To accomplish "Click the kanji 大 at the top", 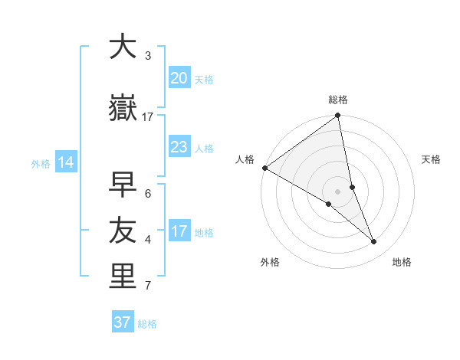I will coord(122,47).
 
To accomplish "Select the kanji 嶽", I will coord(122,110).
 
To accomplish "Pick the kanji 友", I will coord(122,231).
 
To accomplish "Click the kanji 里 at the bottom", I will coord(122,277).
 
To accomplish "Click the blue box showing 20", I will coord(179,77).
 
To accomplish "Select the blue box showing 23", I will coord(179,146).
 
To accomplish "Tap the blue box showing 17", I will coord(179,231).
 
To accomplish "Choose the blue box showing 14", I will coord(65,162).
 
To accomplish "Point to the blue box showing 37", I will coord(123,322).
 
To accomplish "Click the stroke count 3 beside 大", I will coord(148,56).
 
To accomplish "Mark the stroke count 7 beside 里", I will coord(148,286).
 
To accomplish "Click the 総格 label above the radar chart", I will coord(338,100).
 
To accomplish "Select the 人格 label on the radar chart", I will coord(245,159).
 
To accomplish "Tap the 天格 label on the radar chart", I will coord(432,159).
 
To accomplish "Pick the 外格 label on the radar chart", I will coord(270,262).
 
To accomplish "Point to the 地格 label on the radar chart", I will coord(402,262).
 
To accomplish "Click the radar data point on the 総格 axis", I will coord(338,116).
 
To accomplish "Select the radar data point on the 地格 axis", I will coord(374,241).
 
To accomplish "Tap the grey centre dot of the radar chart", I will coord(338,191).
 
